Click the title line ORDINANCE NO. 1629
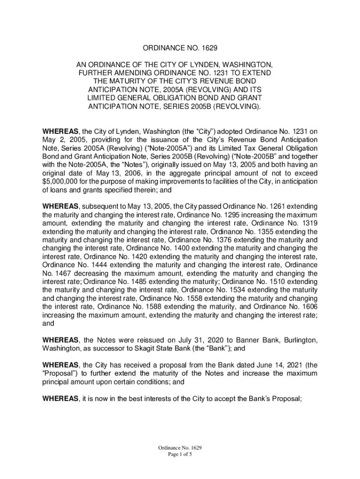point(180,48)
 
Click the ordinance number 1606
point(308,307)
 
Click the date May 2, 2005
point(61,140)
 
